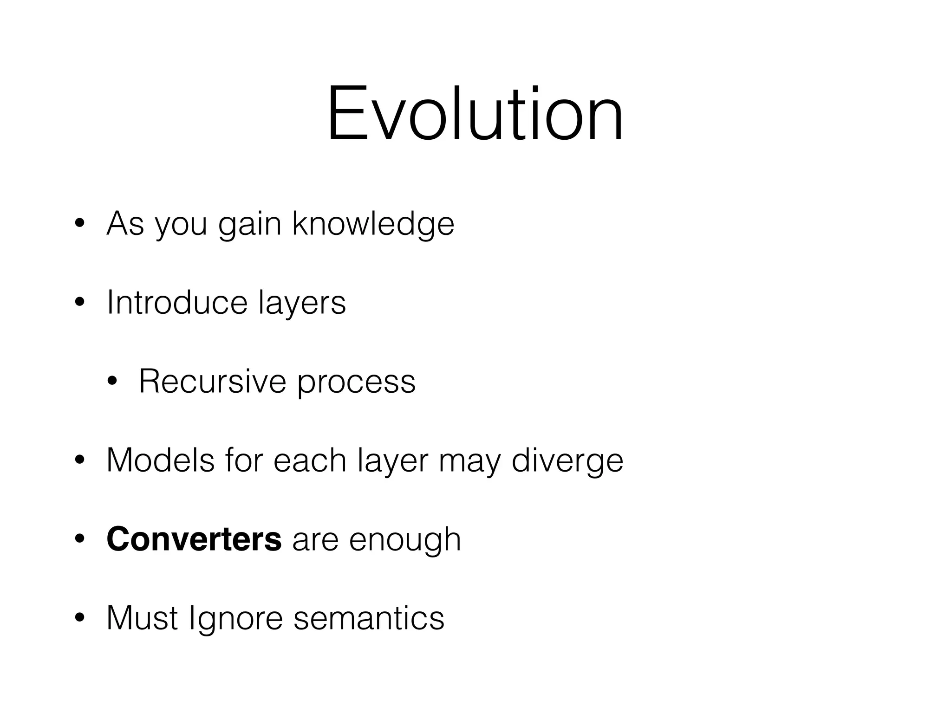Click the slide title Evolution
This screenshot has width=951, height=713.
click(x=475, y=114)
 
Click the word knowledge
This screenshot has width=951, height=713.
click(x=373, y=224)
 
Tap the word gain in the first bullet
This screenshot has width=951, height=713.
click(x=249, y=224)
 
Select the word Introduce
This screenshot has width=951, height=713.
click(x=177, y=303)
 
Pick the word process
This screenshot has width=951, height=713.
click(x=356, y=383)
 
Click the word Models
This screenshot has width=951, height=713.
click(x=160, y=460)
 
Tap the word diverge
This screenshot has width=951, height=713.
click(x=567, y=462)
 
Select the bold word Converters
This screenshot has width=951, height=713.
click(x=194, y=539)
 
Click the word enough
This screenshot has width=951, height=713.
click(x=404, y=541)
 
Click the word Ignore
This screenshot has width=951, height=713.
click(x=235, y=620)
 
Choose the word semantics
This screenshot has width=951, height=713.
click(x=369, y=618)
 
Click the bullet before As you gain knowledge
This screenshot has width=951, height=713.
click(x=79, y=224)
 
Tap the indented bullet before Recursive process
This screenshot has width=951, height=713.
click(x=112, y=382)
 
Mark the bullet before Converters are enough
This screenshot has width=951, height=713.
click(x=79, y=539)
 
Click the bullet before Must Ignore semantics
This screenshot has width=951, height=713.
click(x=79, y=618)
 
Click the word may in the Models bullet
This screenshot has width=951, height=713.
click(x=469, y=462)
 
